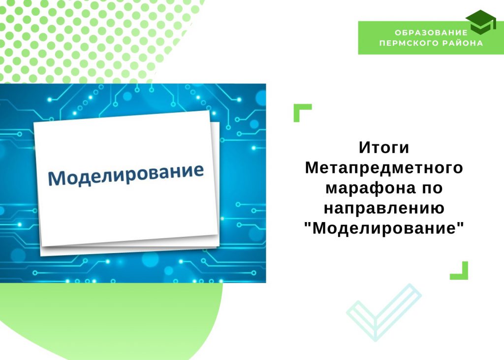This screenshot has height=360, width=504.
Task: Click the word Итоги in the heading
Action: (x=384, y=148)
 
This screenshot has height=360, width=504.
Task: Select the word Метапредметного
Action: (x=384, y=167)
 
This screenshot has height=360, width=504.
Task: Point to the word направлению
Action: (x=384, y=208)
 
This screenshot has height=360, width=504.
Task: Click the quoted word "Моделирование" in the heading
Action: (x=384, y=228)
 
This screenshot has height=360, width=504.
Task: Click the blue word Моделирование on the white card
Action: (x=126, y=174)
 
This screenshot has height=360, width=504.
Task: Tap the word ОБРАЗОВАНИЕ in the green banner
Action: (x=431, y=33)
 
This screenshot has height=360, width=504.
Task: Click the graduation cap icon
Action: (x=481, y=22)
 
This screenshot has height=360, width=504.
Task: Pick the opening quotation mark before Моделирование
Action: (x=308, y=224)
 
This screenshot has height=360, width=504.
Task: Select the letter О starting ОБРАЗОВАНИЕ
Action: (x=398, y=33)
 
